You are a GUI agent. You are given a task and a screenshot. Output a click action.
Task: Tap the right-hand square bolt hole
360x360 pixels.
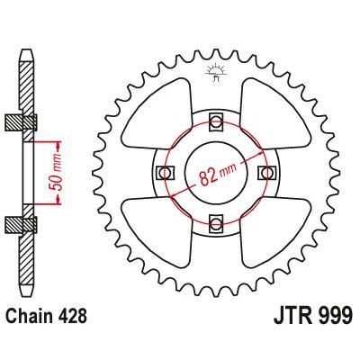264,171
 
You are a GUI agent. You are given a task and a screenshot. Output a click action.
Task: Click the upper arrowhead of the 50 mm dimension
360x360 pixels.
60,144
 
